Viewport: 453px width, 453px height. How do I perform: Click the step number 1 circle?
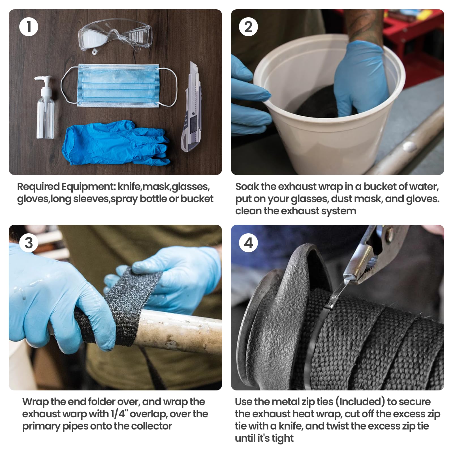point(29,27)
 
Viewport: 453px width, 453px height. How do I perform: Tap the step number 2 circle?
point(248,27)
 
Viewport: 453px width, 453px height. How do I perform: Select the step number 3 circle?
point(29,243)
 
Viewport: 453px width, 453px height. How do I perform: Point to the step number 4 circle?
point(248,243)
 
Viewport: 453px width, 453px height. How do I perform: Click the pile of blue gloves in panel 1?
point(116,143)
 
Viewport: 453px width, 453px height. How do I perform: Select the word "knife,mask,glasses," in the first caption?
point(163,187)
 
